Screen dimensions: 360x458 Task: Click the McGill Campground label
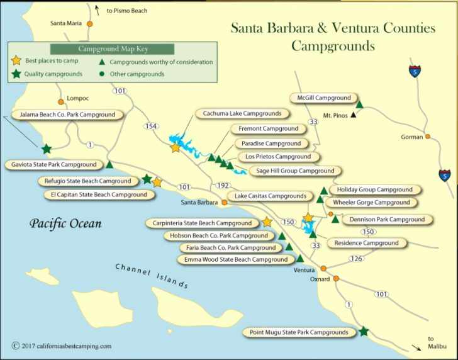click(324, 98)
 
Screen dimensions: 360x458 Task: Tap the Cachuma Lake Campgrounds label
click(242, 114)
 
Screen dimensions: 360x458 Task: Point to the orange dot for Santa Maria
click(90, 24)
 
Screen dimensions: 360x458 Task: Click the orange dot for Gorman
click(428, 137)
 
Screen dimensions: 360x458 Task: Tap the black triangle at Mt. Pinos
click(354, 115)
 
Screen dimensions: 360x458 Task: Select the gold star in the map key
click(16, 62)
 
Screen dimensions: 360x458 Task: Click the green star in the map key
click(16, 74)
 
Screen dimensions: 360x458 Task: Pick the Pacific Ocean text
click(65, 223)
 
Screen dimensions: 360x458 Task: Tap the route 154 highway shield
click(150, 127)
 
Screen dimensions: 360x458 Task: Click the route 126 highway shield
click(357, 259)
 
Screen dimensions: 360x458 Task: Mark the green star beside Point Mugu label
click(364, 331)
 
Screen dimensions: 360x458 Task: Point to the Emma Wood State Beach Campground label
click(236, 259)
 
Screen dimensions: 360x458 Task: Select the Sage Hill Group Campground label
click(295, 171)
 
